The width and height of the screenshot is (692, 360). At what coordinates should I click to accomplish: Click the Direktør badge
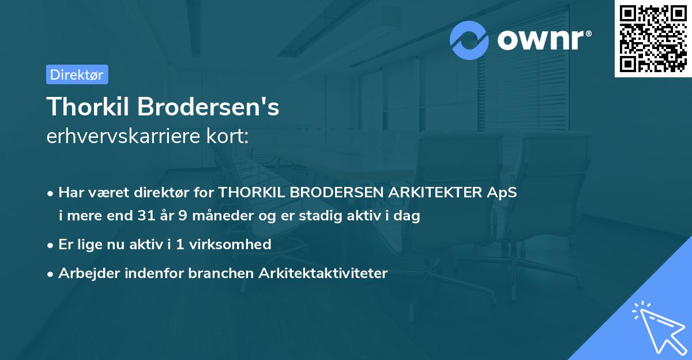pyautogui.click(x=77, y=74)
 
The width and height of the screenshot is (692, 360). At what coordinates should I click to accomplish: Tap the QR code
pyautogui.click(x=653, y=39)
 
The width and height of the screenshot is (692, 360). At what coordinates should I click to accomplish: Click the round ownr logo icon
pyautogui.click(x=469, y=40)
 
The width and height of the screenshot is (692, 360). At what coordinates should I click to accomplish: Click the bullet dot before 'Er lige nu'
pyautogui.click(x=51, y=245)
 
